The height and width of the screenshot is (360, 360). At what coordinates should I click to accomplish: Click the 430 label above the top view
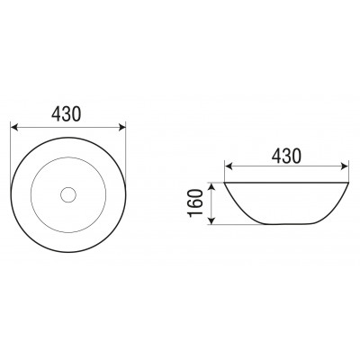pos(66,114)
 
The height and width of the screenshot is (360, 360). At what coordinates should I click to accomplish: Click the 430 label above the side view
pos(286,157)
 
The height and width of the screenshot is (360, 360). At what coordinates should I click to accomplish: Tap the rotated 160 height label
pos(195,202)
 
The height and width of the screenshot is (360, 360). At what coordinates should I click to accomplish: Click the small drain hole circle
pos(68,194)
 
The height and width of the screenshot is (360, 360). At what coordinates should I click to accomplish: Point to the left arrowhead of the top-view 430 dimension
pos(14,128)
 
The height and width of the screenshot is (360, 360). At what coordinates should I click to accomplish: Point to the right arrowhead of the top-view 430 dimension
pos(122,128)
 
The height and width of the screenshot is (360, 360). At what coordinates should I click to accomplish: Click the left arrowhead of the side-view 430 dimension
pos(229,166)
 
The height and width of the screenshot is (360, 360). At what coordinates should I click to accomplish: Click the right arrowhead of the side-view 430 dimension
pos(345,166)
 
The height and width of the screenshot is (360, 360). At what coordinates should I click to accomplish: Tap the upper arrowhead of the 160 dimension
pos(211,186)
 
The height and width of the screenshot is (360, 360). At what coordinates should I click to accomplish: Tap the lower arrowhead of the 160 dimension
pos(211,220)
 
